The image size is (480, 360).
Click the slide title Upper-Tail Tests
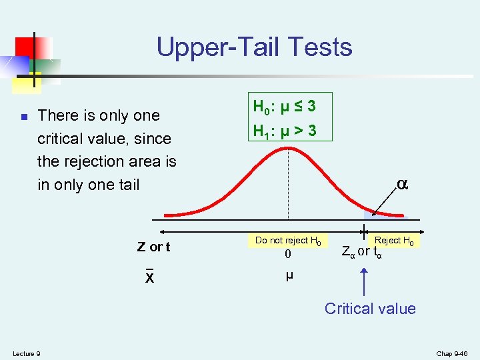point(254,47)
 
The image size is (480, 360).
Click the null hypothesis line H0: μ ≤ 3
point(284,106)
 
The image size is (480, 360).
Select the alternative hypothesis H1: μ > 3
point(284,131)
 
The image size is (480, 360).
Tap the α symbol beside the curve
point(402,184)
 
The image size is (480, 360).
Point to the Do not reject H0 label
point(288,240)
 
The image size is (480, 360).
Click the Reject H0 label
point(393,240)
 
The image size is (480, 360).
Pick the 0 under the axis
point(288,255)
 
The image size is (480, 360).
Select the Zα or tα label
point(361,253)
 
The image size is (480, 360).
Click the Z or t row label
point(153,247)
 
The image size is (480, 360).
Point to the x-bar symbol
point(150,277)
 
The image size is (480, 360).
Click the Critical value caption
point(370,309)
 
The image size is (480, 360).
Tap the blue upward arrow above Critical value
point(364,280)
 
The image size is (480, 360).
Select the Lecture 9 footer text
point(26,353)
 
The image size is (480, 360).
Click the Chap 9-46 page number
point(453,353)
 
